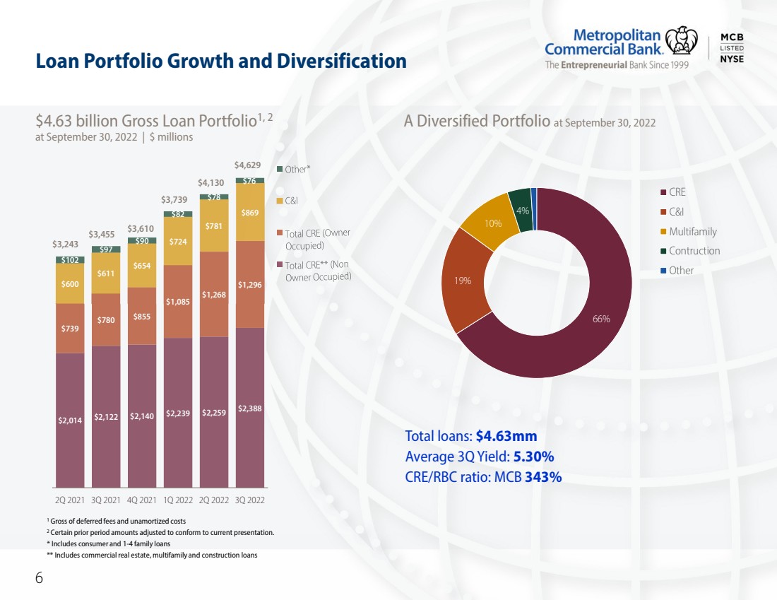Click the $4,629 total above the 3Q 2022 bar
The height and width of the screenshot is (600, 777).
(x=247, y=165)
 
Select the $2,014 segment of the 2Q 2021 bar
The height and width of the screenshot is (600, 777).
(x=70, y=420)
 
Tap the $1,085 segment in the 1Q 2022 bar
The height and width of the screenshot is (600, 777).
(x=178, y=302)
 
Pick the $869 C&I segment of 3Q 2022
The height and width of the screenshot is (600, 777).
(x=250, y=212)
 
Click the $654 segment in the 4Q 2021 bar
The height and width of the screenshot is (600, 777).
(x=142, y=265)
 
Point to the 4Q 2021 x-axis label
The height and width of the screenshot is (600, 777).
(x=142, y=500)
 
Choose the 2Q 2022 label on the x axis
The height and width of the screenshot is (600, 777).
(x=213, y=500)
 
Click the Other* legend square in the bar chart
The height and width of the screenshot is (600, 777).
(x=280, y=169)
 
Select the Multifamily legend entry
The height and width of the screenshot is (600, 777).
(x=689, y=232)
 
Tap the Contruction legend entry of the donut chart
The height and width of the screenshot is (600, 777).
(x=690, y=251)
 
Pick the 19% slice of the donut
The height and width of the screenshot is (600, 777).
(x=463, y=280)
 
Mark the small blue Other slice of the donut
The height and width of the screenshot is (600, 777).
(x=534, y=208)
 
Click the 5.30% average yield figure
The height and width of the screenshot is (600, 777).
(x=534, y=457)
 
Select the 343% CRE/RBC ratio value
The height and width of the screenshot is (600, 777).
(x=543, y=477)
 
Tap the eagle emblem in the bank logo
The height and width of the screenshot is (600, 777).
(x=682, y=40)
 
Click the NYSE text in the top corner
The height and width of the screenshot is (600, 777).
(x=732, y=59)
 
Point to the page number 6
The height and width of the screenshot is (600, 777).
(x=39, y=577)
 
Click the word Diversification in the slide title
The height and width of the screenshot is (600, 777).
(x=342, y=61)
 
